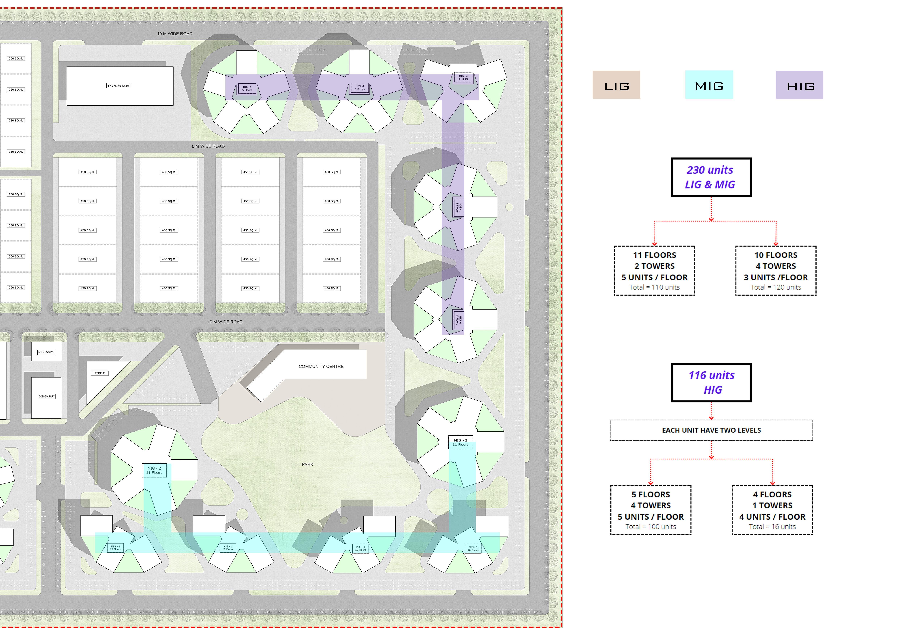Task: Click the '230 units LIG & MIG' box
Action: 711,177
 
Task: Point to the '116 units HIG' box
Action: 711,382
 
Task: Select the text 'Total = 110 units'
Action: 654,287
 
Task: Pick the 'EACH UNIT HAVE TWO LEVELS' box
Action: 711,430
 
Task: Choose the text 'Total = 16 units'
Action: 772,527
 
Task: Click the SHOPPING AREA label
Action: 118,86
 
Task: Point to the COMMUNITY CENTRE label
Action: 321,366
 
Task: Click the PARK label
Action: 307,464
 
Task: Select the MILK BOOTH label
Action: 46,352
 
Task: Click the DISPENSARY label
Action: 46,396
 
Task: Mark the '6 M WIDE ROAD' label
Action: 208,146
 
